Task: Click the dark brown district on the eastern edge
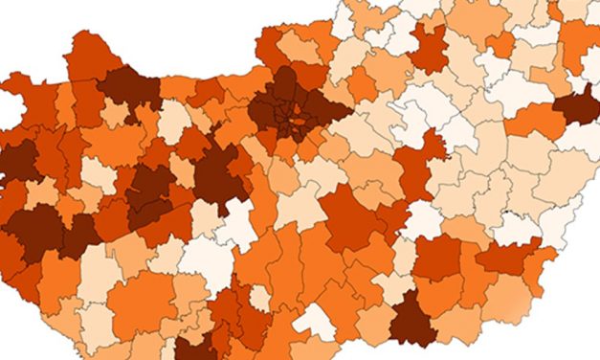[577, 105]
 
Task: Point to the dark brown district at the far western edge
[17, 163]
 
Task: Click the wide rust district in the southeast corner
[508, 256]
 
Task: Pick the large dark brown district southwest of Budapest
[218, 177]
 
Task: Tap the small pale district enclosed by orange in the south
[259, 298]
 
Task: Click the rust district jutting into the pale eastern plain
[417, 165]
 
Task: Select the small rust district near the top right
[500, 43]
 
